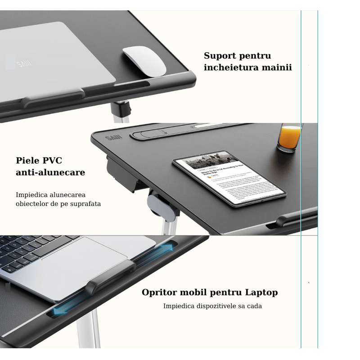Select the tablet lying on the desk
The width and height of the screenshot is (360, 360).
pos(229,178)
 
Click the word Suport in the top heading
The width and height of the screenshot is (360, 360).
pos(219,56)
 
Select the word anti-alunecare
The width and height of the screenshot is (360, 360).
pos(50,172)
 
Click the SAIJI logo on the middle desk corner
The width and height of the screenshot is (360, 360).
pos(111,137)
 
